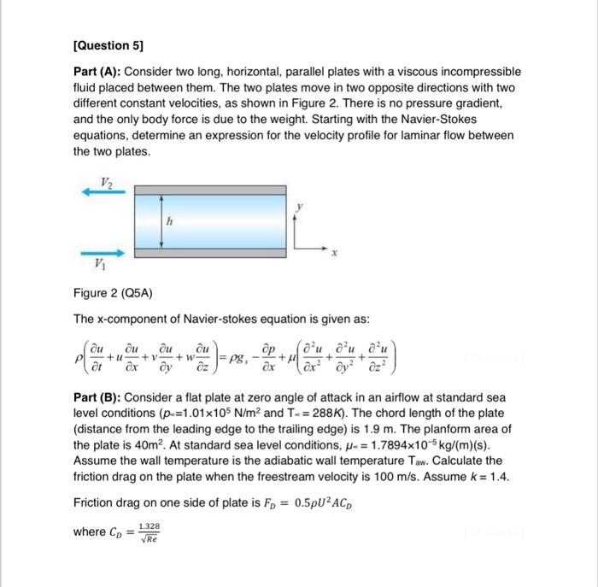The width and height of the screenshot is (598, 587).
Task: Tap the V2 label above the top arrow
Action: [x=106, y=180]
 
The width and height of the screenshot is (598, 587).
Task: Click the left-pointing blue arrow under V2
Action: [x=103, y=192]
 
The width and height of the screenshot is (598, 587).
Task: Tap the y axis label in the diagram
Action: [x=299, y=206]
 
